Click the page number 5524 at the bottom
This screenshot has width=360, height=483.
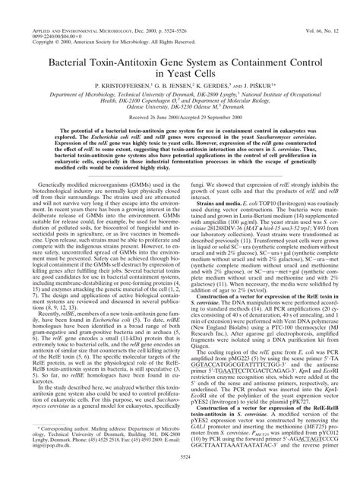[180, 475]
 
